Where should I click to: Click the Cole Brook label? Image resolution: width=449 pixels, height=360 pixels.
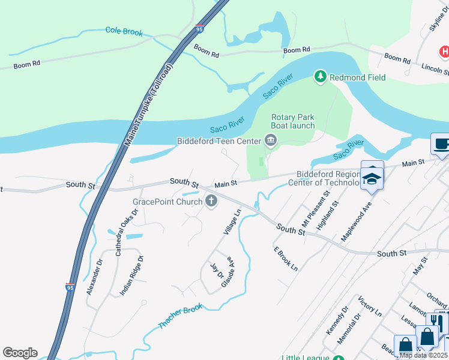click(124, 31)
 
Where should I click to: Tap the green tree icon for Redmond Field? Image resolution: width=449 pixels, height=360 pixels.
click(321, 77)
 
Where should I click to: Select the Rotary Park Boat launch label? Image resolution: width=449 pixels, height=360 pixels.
click(293, 121)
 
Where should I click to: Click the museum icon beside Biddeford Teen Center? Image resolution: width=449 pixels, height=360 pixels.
click(270, 141)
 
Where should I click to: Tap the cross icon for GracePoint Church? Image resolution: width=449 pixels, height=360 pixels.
click(211, 202)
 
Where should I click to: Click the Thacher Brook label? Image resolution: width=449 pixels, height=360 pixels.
click(181, 316)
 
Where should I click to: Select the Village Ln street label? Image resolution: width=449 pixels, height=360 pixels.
click(232, 221)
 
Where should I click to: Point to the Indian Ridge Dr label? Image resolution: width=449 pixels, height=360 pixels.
click(132, 275)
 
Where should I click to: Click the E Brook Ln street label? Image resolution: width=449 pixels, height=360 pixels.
click(286, 259)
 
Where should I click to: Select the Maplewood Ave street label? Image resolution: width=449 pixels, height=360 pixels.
click(357, 221)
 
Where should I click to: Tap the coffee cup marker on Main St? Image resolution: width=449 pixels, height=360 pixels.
click(441, 145)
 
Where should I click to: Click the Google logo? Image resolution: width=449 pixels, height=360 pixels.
click(20, 353)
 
